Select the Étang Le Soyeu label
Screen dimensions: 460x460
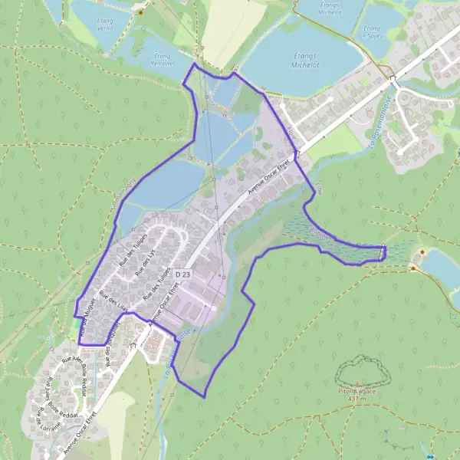pos(370,34)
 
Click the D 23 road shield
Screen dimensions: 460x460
pos(182,274)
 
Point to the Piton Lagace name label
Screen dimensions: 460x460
pos(355,391)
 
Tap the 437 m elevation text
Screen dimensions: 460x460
pos(355,399)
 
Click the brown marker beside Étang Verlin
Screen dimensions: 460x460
pos(140,12)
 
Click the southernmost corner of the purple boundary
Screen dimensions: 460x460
pos(204,396)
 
